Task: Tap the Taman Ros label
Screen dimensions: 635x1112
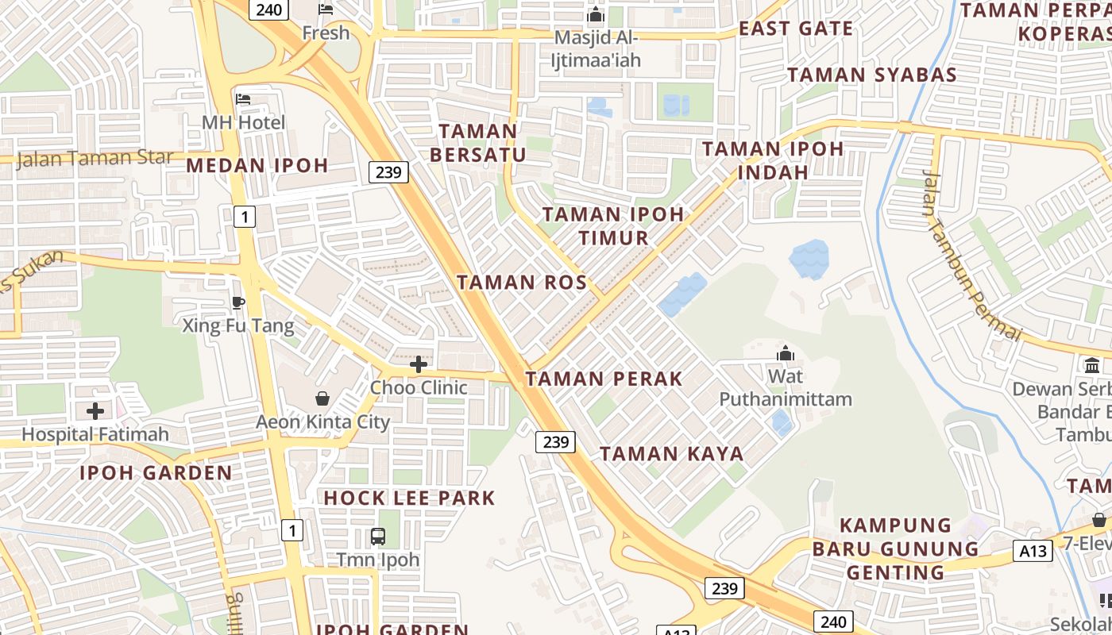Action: (x=522, y=283)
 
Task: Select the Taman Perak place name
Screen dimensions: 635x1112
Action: (x=604, y=379)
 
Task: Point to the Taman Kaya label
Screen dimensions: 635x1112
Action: (x=671, y=454)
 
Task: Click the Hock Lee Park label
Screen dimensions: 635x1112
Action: (x=409, y=498)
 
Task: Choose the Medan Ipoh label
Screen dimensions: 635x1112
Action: (x=257, y=165)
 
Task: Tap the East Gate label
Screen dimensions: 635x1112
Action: (x=796, y=29)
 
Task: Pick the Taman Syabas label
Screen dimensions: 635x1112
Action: (x=871, y=75)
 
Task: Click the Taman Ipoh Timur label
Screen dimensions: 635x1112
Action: (x=612, y=225)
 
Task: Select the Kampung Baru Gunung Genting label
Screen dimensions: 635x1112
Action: (x=895, y=548)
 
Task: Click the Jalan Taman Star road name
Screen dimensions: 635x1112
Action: (x=94, y=158)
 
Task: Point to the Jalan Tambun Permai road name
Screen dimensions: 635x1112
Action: (x=971, y=254)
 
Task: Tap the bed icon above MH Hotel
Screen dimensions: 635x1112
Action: (x=243, y=99)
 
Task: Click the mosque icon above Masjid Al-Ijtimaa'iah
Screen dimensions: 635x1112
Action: (x=595, y=15)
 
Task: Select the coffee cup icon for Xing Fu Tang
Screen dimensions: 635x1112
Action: (x=237, y=302)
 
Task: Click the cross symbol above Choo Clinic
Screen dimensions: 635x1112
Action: (x=418, y=364)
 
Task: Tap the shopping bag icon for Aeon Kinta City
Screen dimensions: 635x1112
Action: (x=322, y=398)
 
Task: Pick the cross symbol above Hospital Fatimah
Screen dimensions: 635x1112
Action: (x=95, y=411)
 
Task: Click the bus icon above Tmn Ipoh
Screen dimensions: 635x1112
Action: (x=378, y=537)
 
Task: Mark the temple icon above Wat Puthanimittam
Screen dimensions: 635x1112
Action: (x=786, y=353)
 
